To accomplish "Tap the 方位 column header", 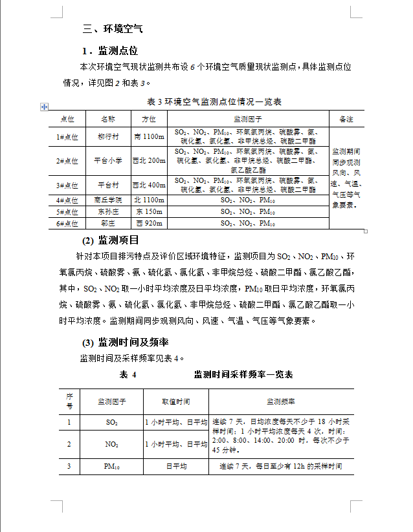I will click(x=149, y=120).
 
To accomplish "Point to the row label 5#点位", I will click(x=67, y=212).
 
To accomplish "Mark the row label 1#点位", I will click(x=67, y=137).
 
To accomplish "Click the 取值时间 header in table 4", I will click(x=176, y=401).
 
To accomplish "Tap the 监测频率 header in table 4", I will click(x=281, y=401).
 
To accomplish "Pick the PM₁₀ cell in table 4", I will click(x=111, y=466).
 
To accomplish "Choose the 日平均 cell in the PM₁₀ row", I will click(x=176, y=466).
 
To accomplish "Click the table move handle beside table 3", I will click(x=44, y=106).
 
